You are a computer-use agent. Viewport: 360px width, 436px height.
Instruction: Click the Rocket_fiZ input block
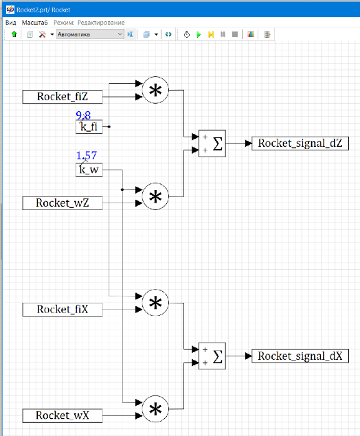(x=63, y=97)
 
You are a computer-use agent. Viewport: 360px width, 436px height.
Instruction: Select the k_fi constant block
(x=89, y=127)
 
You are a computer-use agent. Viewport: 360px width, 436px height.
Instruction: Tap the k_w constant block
(x=89, y=170)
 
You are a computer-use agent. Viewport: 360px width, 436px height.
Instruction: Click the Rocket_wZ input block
(x=63, y=203)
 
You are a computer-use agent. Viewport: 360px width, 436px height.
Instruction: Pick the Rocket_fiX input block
(x=63, y=310)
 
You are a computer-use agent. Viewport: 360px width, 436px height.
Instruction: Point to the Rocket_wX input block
(x=63, y=415)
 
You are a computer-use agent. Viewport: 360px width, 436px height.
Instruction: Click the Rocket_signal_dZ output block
(x=300, y=144)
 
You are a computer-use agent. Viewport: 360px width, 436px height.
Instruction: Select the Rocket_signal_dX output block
(x=300, y=356)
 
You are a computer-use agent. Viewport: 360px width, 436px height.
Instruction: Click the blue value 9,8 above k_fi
(x=83, y=115)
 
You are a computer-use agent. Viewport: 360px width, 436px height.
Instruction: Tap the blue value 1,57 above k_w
(x=87, y=155)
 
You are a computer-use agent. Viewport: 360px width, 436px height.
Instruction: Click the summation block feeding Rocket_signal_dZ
(x=212, y=144)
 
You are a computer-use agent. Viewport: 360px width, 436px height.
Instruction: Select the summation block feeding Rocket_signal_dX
(x=212, y=356)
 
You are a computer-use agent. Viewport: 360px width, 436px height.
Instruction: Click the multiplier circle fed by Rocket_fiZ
(x=155, y=90)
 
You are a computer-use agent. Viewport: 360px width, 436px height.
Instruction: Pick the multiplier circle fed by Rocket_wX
(x=155, y=409)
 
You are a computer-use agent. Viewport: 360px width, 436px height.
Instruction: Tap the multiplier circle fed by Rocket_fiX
(x=155, y=303)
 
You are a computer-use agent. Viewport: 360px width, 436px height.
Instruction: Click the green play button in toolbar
(x=199, y=34)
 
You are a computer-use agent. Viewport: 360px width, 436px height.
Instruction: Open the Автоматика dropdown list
(x=90, y=34)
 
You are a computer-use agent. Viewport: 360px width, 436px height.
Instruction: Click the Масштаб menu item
(x=35, y=23)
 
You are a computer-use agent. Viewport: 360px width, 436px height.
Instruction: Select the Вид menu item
(x=11, y=23)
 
